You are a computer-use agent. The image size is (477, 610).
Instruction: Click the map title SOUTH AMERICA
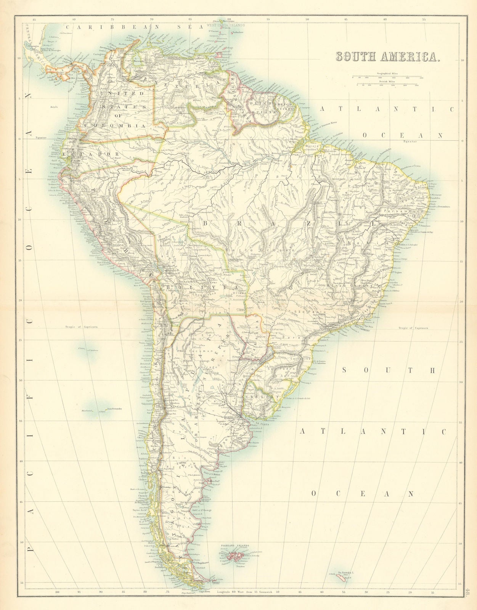[387, 56]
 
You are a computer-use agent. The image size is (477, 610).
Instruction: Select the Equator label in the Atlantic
[412, 142]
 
